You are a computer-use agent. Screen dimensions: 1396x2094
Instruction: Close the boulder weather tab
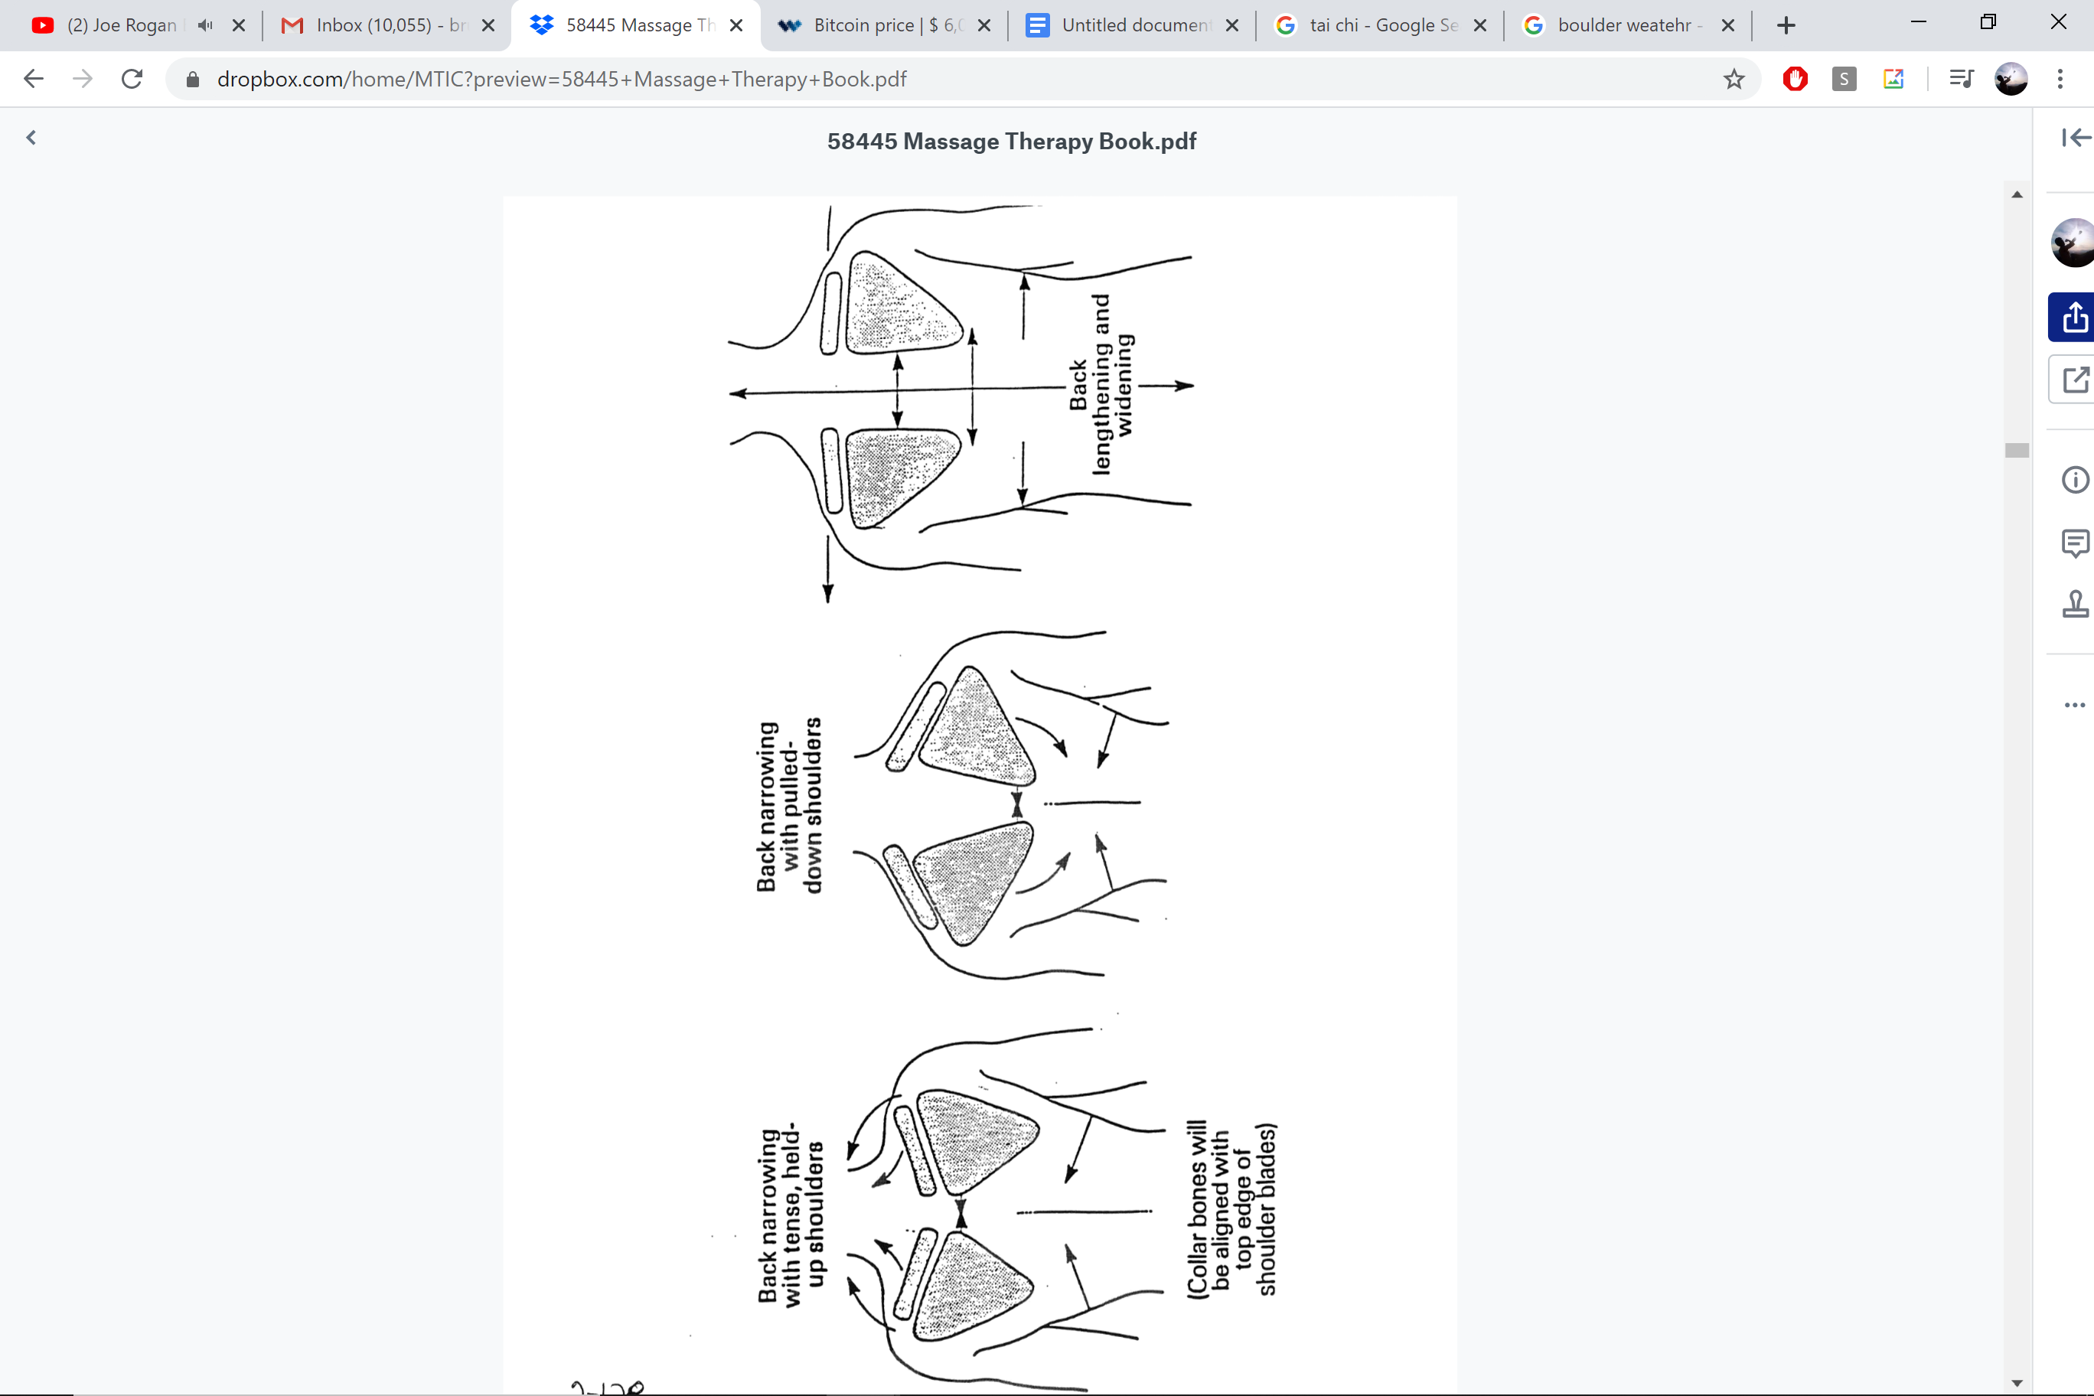(1728, 25)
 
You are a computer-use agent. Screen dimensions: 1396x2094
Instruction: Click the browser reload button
(132, 80)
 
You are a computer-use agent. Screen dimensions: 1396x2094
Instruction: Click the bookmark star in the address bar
(1734, 80)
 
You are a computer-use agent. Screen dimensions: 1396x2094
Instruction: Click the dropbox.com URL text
(561, 80)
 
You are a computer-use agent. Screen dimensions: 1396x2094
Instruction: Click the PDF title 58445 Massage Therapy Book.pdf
(1011, 142)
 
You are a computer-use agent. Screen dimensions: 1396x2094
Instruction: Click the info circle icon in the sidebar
(2074, 480)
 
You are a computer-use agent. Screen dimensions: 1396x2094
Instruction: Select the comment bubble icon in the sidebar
(2074, 542)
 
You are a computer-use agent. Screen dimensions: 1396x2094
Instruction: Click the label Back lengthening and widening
(1101, 385)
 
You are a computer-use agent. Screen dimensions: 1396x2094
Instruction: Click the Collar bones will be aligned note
(1232, 1208)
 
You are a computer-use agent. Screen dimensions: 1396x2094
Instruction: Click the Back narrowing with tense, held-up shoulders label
(791, 1215)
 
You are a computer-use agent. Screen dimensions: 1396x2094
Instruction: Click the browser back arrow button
(34, 80)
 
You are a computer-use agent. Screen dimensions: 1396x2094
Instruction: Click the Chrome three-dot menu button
(2060, 80)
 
